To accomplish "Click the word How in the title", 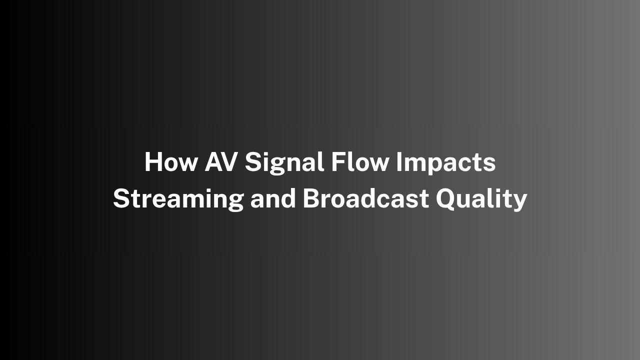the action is pos(171,161).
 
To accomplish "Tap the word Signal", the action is pos(284,163).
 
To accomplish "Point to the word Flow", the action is pos(360,161).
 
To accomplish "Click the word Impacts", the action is pos(445,163).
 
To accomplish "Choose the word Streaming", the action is pos(178,199).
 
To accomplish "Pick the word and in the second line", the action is pos(273,198).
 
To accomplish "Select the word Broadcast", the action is pos(365,198).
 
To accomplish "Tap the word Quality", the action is pos(481,199).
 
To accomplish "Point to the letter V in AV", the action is pos(230,161).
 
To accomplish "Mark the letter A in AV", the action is pos(213,161).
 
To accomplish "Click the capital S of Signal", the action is pos(252,161).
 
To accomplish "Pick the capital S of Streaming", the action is pos(120,198).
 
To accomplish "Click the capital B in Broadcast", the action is pos(311,198).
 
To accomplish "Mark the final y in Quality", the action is pos(519,203).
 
